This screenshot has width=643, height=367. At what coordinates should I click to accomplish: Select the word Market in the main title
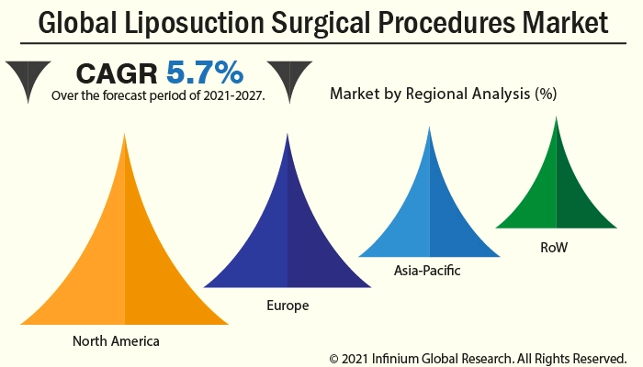pos(565,22)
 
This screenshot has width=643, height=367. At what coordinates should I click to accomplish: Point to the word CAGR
pos(117,72)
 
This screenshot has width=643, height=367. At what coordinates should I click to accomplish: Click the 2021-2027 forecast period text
pos(225,95)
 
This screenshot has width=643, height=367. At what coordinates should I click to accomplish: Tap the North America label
pos(116,341)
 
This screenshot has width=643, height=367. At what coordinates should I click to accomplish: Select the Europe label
pos(288,305)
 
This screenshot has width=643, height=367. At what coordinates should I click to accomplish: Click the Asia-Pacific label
pos(427,271)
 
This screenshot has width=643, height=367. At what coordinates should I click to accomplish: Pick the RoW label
pos(554,248)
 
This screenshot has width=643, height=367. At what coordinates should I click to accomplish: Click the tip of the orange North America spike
pos(124,135)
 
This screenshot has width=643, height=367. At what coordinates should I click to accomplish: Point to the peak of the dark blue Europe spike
pos(288,136)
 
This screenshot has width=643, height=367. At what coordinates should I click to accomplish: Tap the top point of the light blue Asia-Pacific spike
pos(429,128)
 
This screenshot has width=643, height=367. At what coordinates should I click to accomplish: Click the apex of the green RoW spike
pos(556,118)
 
